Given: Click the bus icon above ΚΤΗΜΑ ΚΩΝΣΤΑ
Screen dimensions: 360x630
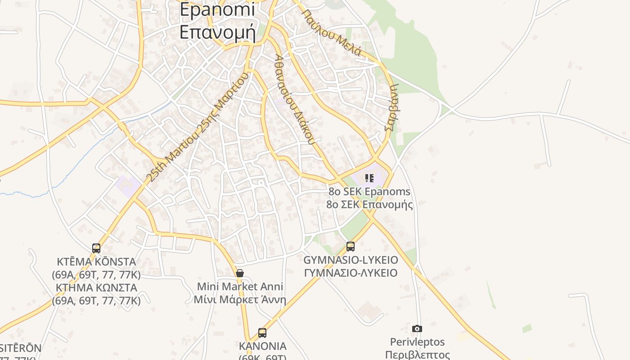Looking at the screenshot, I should [x=96, y=248].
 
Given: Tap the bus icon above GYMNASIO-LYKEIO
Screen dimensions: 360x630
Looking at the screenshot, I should [x=351, y=247].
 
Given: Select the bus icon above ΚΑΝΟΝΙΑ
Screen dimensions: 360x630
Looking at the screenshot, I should [x=262, y=333].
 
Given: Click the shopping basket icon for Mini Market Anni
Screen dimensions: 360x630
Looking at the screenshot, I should [x=240, y=273].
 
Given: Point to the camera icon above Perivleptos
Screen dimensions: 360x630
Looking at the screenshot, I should [x=417, y=328].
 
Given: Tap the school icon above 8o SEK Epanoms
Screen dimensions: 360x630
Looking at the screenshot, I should [x=369, y=178].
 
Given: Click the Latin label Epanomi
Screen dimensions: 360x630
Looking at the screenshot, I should [x=217, y=9].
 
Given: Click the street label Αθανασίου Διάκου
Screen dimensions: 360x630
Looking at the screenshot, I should [x=294, y=99].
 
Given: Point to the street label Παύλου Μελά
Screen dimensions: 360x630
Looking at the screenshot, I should [x=332, y=32].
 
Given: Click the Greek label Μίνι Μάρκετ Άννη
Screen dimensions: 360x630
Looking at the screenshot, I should [x=240, y=300].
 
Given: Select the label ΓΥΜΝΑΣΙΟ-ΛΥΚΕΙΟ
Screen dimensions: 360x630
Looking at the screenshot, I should [x=351, y=273].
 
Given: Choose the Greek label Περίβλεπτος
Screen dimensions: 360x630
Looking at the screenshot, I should [x=418, y=355].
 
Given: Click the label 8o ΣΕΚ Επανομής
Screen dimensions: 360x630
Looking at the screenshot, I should [x=369, y=205].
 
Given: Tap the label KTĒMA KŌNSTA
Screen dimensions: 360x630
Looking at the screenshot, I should [x=96, y=262].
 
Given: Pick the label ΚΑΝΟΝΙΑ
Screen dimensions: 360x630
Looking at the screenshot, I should [x=263, y=346].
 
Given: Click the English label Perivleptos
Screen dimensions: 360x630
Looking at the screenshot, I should [x=418, y=342].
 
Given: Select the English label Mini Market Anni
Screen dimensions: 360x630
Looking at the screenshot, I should [x=240, y=287].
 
